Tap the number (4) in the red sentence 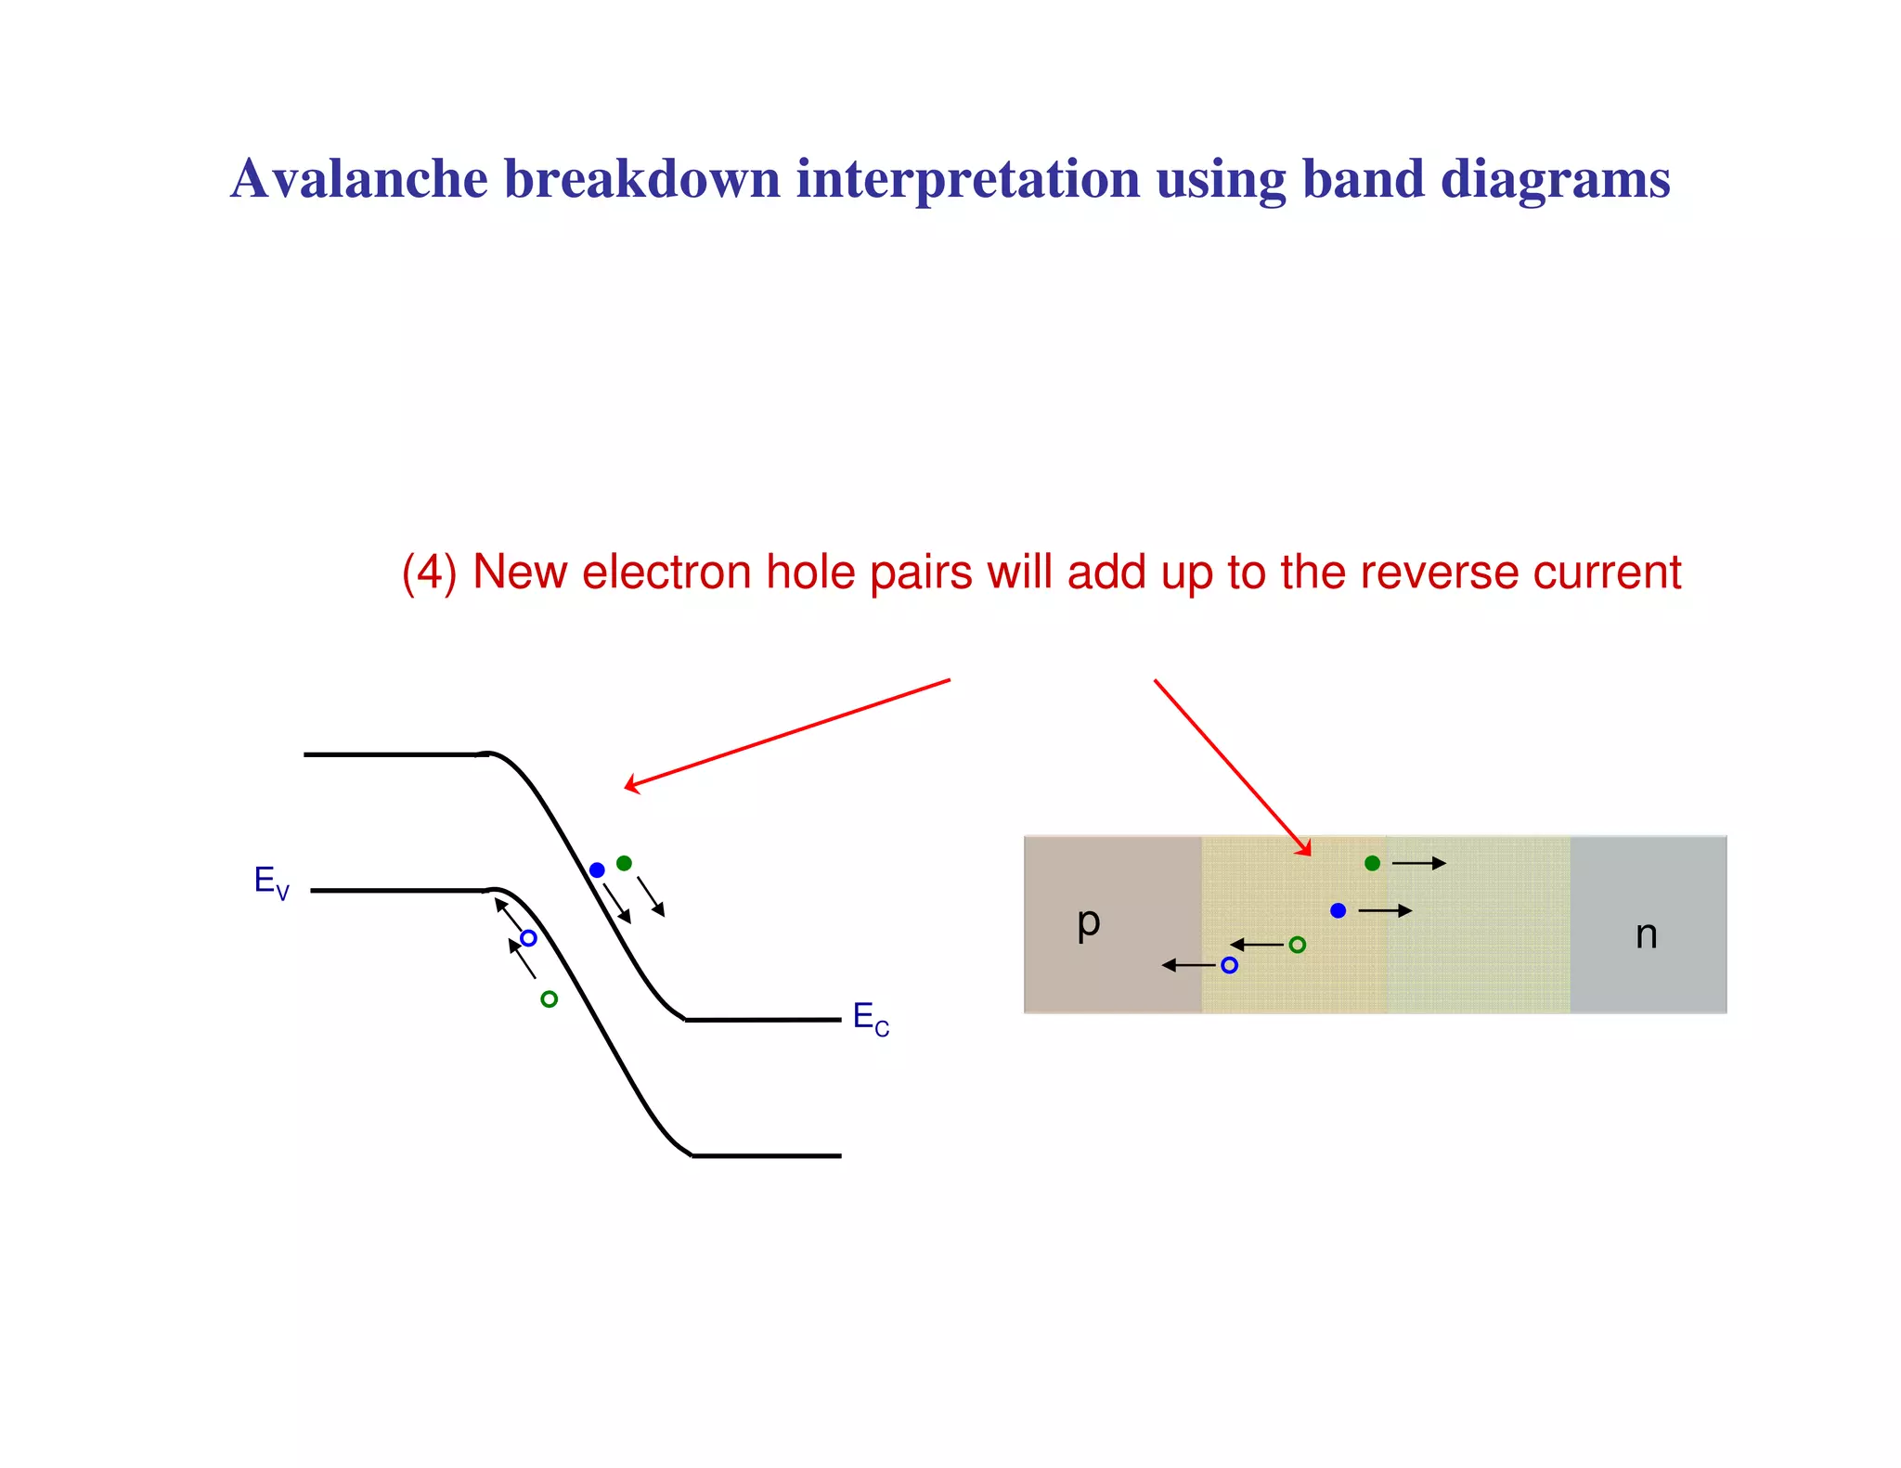(x=429, y=573)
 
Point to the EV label (x=271, y=882)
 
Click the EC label (x=870, y=1018)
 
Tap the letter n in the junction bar (x=1646, y=934)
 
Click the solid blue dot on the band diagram (x=597, y=869)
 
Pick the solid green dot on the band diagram (x=624, y=863)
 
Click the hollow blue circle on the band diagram (x=528, y=938)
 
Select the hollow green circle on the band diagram (x=549, y=999)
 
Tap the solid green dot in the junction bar (x=1372, y=863)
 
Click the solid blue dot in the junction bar (x=1338, y=910)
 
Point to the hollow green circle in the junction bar (x=1297, y=945)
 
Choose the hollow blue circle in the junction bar (x=1229, y=965)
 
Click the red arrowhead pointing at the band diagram (x=631, y=785)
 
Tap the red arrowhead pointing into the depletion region (x=1305, y=848)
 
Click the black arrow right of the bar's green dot (x=1419, y=863)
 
